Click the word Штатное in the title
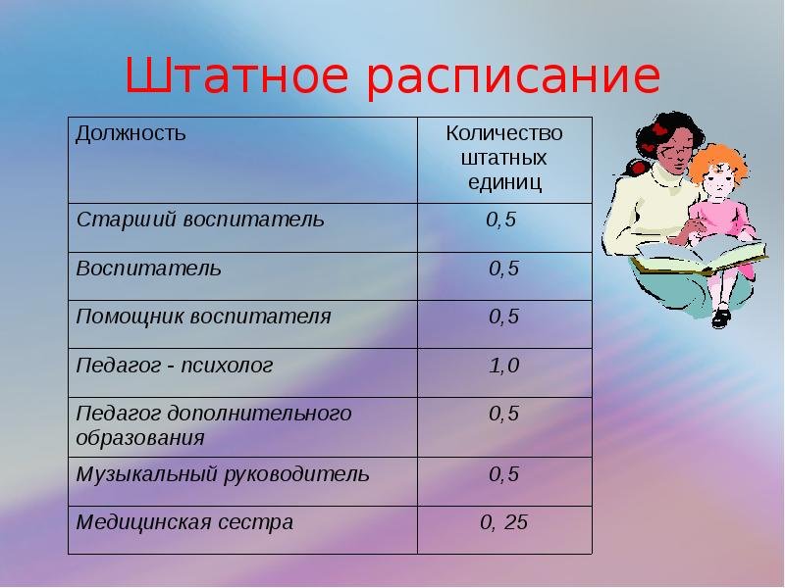coord(235,75)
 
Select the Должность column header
coord(131,133)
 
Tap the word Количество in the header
coord(504,133)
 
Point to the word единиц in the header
coord(504,182)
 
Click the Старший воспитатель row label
coord(200,220)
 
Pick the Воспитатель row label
coord(148,269)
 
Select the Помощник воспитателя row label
coord(203,317)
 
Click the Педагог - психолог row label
coord(175,366)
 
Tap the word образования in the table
coord(140,438)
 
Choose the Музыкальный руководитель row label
coord(223,474)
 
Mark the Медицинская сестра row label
coord(184,522)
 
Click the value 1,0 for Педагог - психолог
coord(504,366)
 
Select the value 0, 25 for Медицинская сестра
coord(503,522)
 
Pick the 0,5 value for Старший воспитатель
coord(501,220)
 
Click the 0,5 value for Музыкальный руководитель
coord(504,474)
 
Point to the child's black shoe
coord(721,318)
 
